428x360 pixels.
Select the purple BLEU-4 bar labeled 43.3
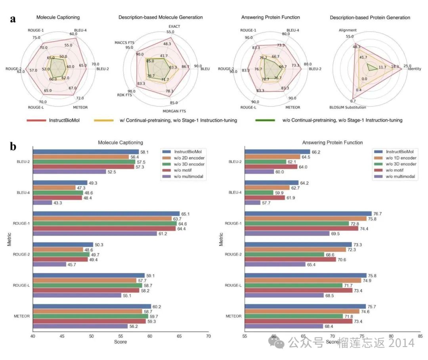[42, 203]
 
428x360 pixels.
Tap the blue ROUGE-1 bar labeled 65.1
[106, 213]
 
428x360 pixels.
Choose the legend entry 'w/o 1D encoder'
[398, 158]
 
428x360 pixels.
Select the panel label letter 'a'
[13, 19]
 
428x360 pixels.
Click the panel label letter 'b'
[13, 147]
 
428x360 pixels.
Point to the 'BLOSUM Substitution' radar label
[348, 107]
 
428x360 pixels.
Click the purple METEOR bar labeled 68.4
[284, 326]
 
